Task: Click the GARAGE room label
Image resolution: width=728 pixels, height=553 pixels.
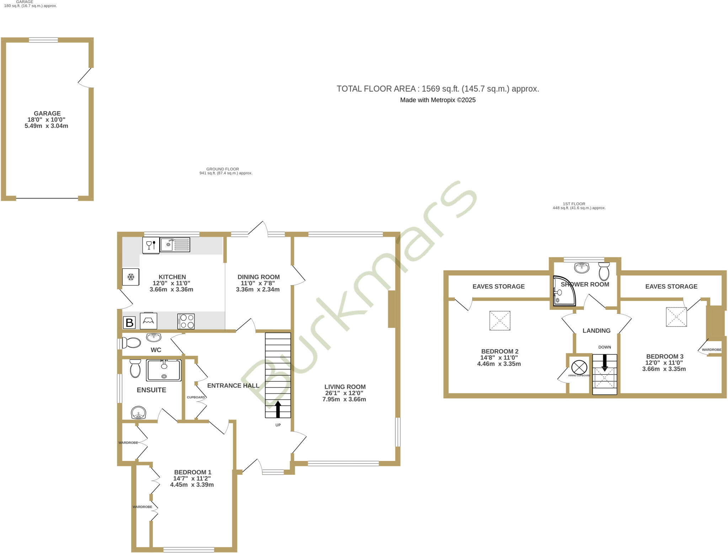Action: (x=47, y=113)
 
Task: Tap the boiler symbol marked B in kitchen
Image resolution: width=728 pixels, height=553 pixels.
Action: (x=129, y=323)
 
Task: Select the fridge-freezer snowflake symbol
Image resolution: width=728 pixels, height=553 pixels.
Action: (x=130, y=277)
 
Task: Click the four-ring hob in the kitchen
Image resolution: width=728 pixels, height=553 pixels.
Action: (x=186, y=321)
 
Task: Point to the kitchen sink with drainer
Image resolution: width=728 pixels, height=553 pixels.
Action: (x=175, y=245)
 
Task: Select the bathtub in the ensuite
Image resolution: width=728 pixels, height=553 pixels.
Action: (x=164, y=370)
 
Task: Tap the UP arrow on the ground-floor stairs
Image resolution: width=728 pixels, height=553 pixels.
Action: (x=278, y=409)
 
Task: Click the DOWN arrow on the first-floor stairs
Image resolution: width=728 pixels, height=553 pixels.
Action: (x=604, y=363)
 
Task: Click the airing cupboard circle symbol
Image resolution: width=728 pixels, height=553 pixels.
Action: (x=579, y=367)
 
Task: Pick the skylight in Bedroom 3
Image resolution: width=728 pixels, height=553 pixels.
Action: (x=676, y=317)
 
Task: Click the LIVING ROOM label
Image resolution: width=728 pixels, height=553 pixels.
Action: (x=345, y=387)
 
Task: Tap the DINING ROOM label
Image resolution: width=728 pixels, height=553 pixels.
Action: (x=258, y=277)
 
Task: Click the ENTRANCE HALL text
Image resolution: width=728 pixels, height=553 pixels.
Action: (x=233, y=385)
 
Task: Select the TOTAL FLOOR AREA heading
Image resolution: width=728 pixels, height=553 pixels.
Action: (x=438, y=89)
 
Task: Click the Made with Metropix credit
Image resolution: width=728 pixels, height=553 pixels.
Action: (x=438, y=100)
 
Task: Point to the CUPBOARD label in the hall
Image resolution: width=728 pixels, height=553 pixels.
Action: (x=196, y=397)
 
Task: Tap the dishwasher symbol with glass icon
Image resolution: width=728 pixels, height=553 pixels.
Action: (x=151, y=245)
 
